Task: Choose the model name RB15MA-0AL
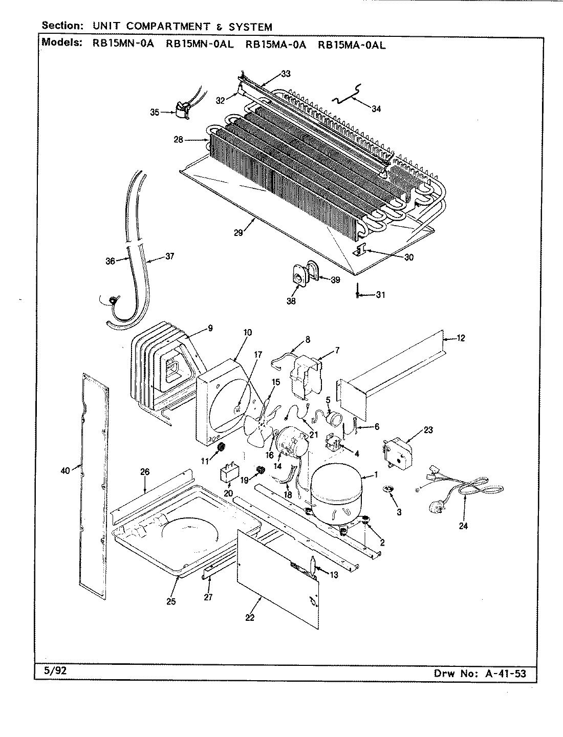click(352, 45)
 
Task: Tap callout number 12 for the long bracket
click(461, 338)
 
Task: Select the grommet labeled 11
click(222, 448)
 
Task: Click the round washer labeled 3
click(388, 490)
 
